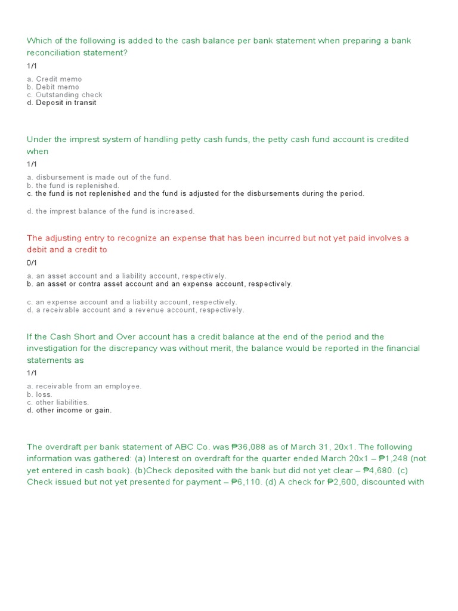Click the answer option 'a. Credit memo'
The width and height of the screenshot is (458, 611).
(54, 79)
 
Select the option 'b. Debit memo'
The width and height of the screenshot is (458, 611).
(53, 87)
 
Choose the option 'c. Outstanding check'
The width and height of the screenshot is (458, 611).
(64, 95)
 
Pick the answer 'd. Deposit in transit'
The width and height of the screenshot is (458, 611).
(61, 103)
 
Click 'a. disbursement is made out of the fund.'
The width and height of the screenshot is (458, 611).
(99, 177)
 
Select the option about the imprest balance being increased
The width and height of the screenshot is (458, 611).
(111, 211)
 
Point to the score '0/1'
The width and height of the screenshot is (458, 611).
(32, 263)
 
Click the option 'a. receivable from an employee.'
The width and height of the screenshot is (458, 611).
(84, 386)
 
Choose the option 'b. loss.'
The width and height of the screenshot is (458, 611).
(40, 394)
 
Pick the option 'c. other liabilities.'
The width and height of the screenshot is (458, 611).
(58, 402)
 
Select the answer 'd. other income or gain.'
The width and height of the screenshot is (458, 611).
(69, 411)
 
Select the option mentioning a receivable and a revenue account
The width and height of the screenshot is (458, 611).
(135, 310)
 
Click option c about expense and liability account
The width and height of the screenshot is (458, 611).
(132, 302)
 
